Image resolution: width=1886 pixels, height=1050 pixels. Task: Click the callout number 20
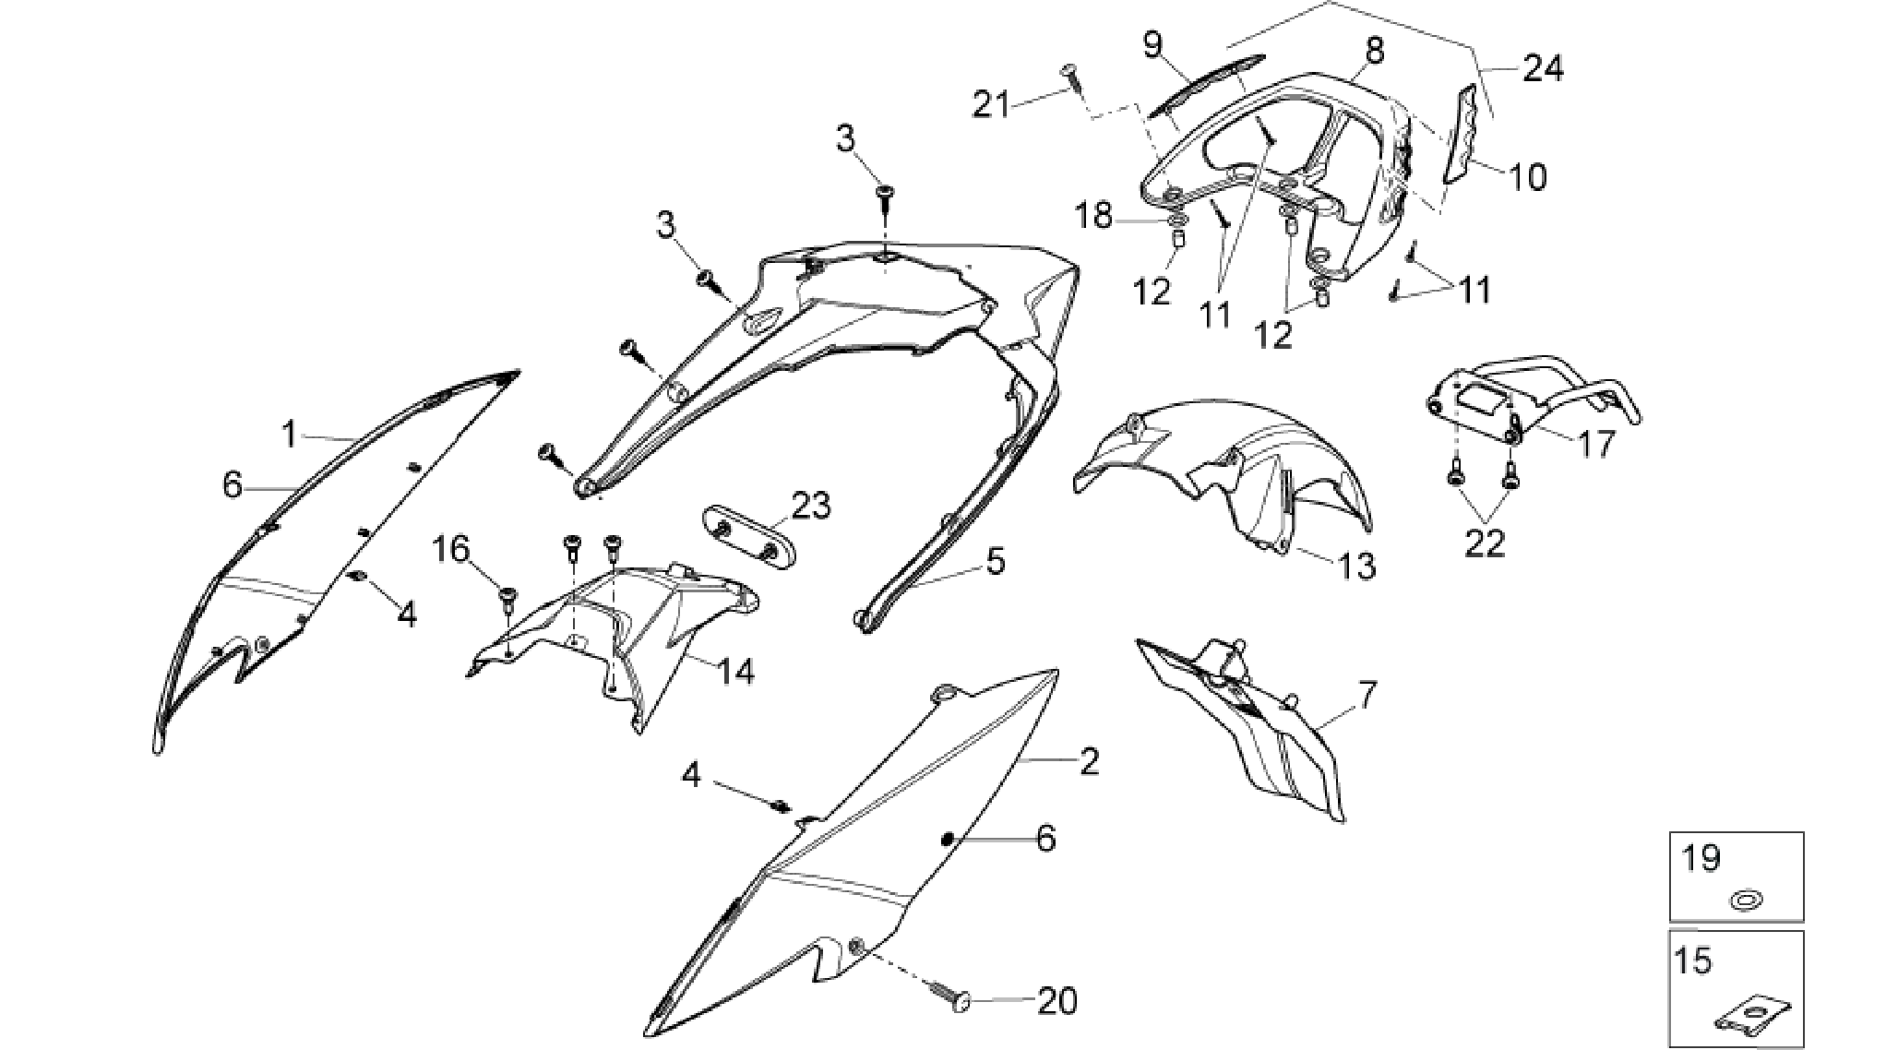[x=1056, y=1001]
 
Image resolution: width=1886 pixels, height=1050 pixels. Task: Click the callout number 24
[x=1543, y=68]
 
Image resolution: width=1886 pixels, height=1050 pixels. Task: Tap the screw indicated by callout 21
[x=1074, y=77]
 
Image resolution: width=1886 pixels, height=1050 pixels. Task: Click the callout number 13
[x=1357, y=566]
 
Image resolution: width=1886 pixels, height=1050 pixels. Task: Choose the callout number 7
[x=1367, y=695]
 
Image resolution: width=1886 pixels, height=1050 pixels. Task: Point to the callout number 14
[x=736, y=671]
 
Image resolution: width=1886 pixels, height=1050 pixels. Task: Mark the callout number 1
[x=290, y=434]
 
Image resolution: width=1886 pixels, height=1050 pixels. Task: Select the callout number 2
[x=1090, y=762]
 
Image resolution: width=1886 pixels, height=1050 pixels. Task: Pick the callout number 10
[x=1527, y=176]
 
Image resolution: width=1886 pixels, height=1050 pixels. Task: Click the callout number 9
[x=1154, y=45]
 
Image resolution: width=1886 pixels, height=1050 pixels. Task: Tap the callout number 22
[x=1485, y=543]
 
